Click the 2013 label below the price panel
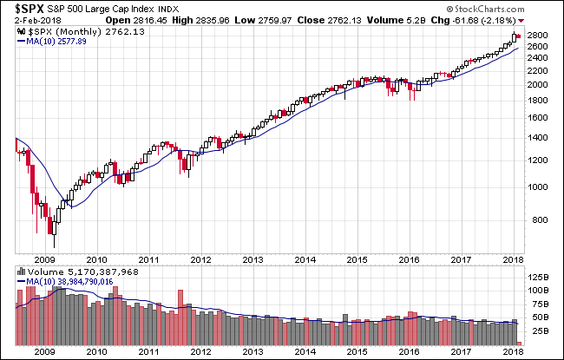click(x=253, y=259)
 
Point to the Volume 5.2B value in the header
click(x=436, y=19)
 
